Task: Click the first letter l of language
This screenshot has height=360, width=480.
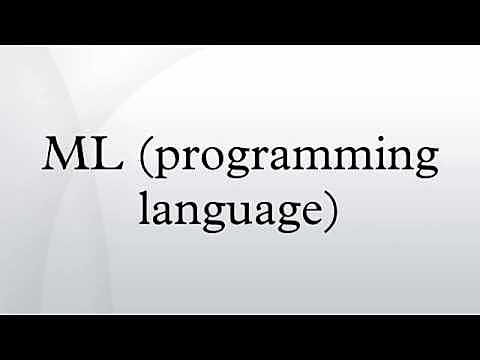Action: [x=148, y=208]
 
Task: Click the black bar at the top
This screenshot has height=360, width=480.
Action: [x=240, y=21]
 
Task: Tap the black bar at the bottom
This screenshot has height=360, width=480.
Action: [x=240, y=337]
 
